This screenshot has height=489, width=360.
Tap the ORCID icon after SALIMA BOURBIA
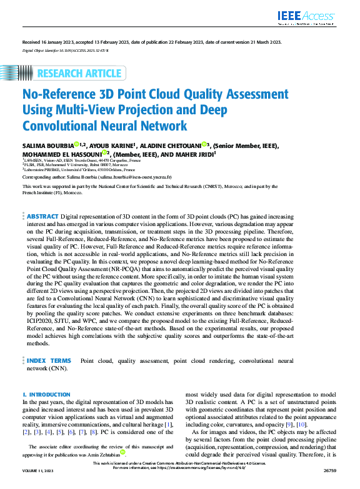click(x=76, y=145)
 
